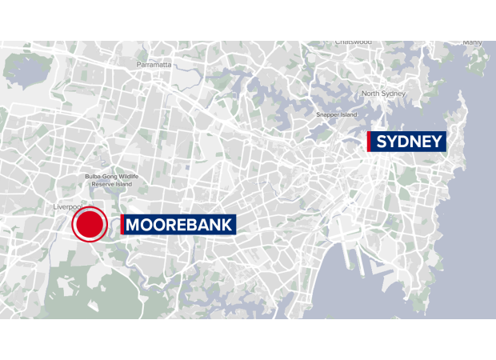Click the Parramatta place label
154,64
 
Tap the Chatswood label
354,42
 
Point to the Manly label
472,42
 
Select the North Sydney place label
384,94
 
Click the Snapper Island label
336,114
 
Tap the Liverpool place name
69,207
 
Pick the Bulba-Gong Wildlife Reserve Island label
112,180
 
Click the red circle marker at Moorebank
90,225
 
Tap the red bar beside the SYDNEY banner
369,142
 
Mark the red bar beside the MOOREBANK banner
122,225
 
